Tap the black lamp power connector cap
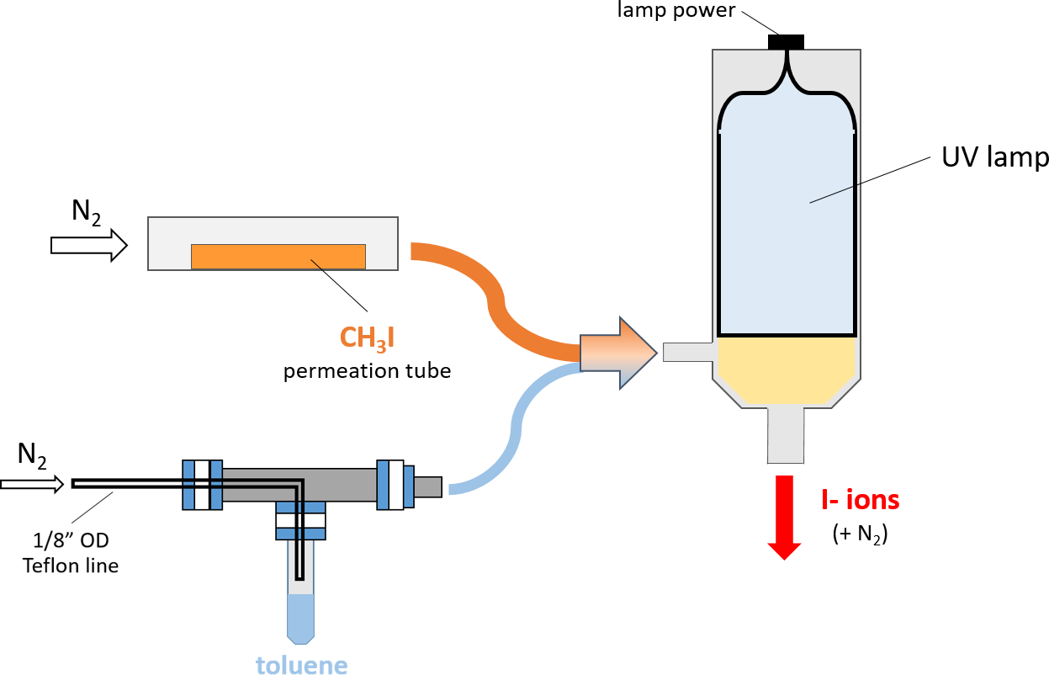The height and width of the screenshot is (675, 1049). point(787,42)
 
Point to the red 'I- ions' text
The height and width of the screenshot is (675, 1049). point(861,500)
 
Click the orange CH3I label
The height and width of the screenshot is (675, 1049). point(367,337)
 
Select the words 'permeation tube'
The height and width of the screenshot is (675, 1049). point(367,370)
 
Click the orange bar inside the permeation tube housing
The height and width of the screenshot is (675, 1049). point(278,257)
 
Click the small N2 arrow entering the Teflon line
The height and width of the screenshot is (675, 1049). point(32,484)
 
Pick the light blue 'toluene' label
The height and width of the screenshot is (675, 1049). point(301,665)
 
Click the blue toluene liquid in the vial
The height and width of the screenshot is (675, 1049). point(300,616)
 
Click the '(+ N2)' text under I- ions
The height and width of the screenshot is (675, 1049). point(861,534)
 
